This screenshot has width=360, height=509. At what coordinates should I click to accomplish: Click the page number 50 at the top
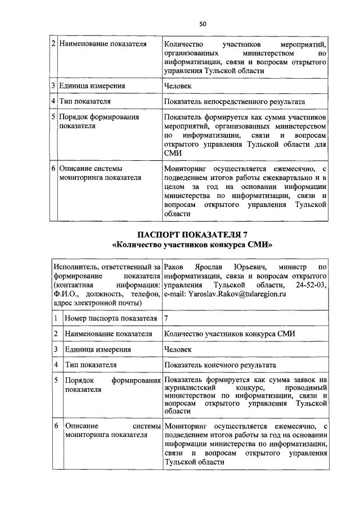(203, 24)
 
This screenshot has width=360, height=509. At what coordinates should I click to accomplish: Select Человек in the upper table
(178, 86)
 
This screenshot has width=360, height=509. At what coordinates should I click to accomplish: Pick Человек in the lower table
(178, 349)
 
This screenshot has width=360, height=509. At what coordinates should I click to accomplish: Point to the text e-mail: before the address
(175, 294)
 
